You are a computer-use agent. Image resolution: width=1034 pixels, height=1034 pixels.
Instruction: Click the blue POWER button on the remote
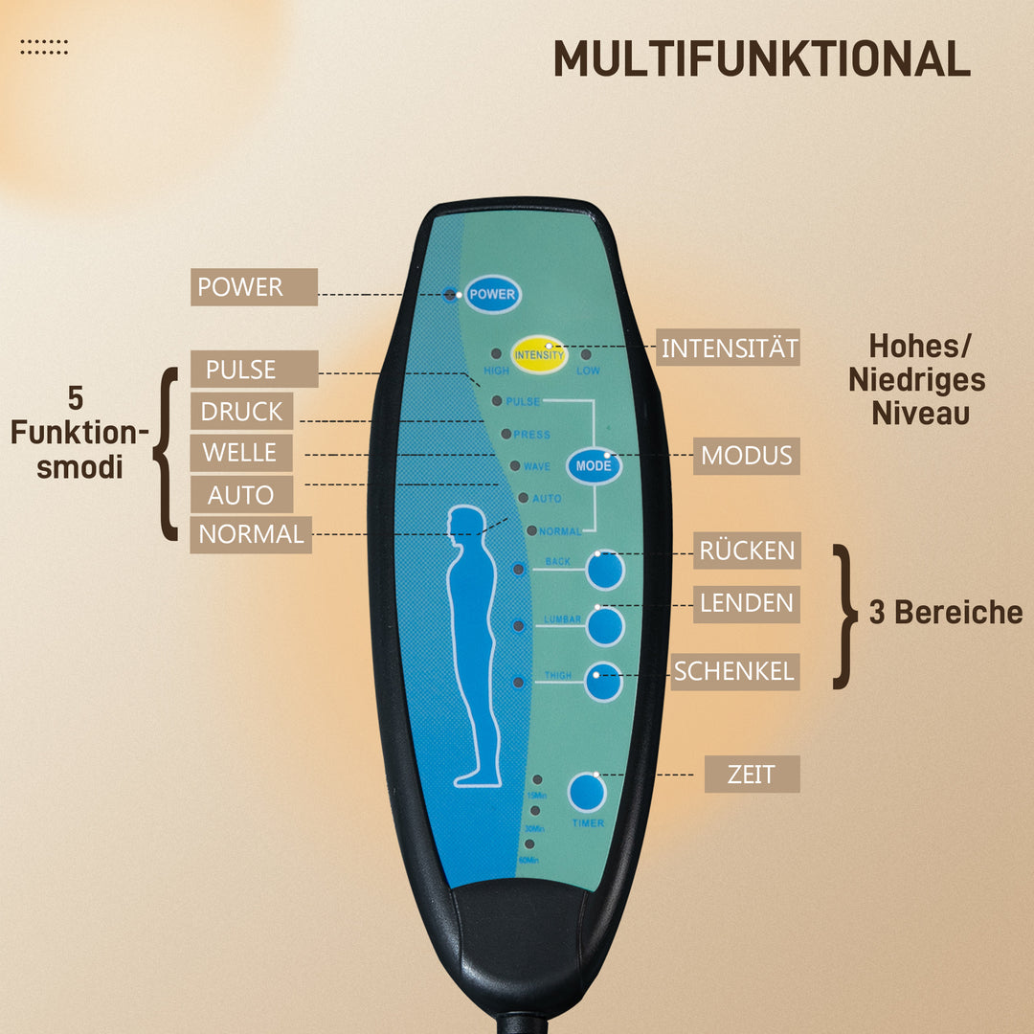(493, 294)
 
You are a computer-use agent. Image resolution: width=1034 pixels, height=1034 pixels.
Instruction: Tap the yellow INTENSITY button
(539, 354)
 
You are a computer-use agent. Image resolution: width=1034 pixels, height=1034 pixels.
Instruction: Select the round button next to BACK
(605, 571)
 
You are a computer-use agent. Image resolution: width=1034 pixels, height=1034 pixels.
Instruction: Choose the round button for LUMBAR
(605, 627)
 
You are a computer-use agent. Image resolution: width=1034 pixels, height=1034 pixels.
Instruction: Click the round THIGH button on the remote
(604, 682)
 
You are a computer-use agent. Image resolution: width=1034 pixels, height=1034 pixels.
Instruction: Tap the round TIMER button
(587, 793)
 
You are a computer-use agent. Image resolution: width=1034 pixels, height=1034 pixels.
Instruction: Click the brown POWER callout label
(254, 287)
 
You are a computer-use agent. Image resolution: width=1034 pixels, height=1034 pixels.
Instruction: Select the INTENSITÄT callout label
(729, 348)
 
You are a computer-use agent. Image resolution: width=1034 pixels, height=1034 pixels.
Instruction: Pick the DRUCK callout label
(242, 412)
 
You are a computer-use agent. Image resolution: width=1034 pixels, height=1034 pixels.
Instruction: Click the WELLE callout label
(240, 453)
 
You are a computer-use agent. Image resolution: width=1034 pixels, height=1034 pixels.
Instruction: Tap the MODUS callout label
(747, 456)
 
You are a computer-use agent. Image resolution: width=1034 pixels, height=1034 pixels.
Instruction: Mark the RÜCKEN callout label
(747, 551)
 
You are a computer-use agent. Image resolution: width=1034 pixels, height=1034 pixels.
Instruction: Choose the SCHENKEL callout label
(734, 671)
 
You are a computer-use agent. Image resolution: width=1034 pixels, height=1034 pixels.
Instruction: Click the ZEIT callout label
(752, 774)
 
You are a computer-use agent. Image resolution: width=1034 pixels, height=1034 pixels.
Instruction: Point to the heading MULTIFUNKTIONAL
(761, 60)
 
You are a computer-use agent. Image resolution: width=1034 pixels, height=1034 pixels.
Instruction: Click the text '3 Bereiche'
(945, 613)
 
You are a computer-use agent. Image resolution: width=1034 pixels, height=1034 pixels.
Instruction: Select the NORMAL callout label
(251, 534)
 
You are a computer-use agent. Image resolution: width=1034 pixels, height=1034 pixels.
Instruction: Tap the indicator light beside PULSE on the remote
(497, 401)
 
